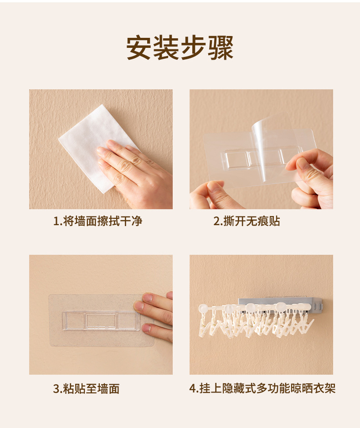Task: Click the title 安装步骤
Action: (x=180, y=48)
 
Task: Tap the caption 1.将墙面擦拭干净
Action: (x=98, y=221)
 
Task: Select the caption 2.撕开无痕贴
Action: (x=247, y=221)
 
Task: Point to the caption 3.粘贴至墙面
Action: (x=86, y=388)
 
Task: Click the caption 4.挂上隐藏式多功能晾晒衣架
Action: (x=262, y=388)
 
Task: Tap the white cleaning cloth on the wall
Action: (x=93, y=147)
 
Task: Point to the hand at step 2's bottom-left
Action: (x=211, y=195)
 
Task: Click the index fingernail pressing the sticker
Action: (x=139, y=307)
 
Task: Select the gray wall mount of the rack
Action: (x=282, y=304)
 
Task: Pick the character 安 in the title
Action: (x=139, y=48)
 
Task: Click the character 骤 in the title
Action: (x=221, y=48)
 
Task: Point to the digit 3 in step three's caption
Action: (x=56, y=389)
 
